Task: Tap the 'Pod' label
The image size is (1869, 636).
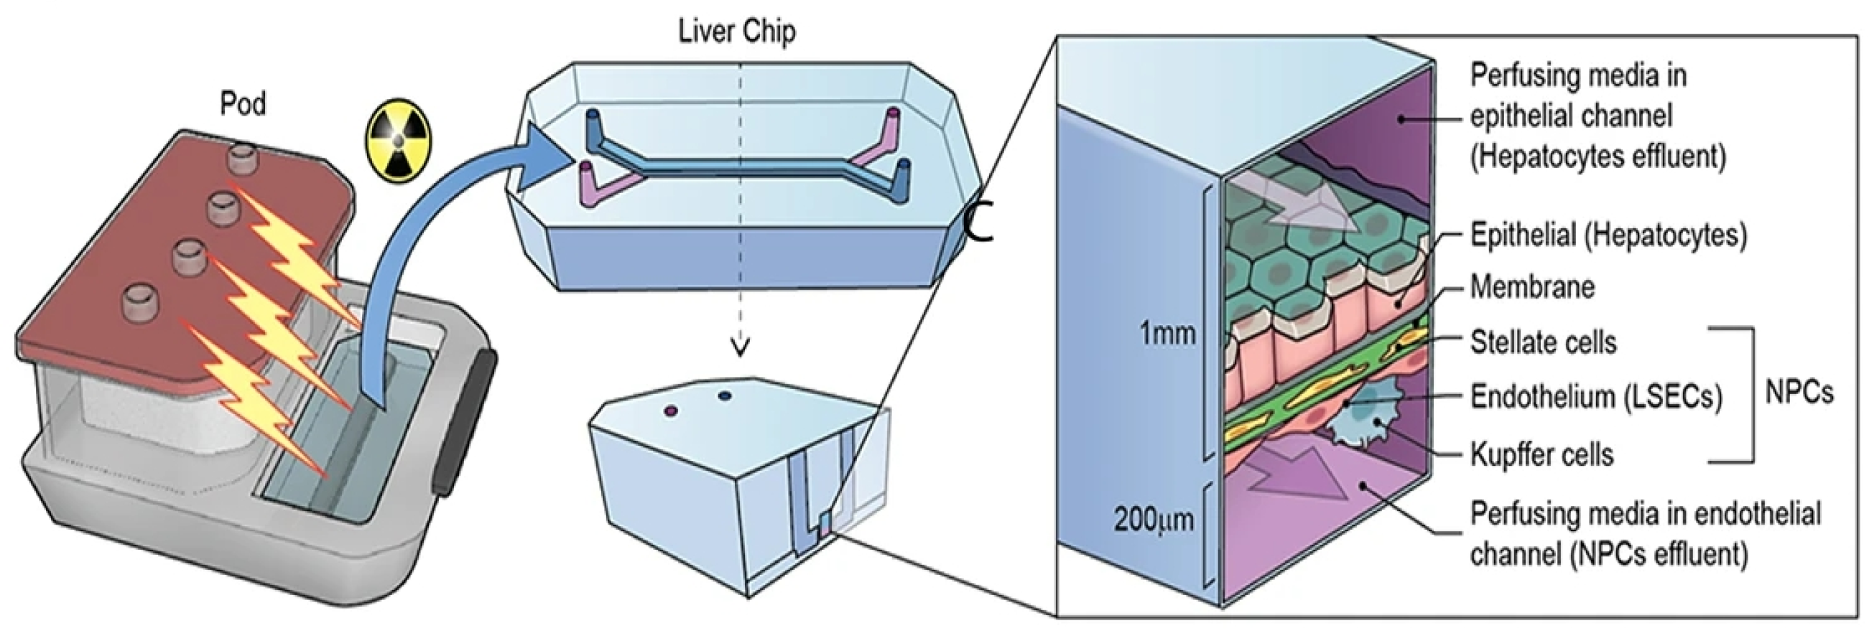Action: coord(243,104)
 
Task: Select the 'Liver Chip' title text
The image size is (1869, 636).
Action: coord(736,32)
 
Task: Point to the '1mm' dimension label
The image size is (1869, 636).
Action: coord(1167,334)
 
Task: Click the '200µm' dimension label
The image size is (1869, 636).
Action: coord(1154,520)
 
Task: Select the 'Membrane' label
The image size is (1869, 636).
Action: coord(1532,287)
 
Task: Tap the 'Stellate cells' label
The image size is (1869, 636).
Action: coord(1543,342)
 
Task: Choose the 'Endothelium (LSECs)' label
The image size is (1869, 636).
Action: coord(1595,397)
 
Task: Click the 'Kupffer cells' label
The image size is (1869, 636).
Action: coord(1541,454)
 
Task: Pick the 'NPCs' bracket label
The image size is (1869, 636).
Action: coord(1799,393)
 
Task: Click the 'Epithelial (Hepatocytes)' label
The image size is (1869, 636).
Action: coord(1608,235)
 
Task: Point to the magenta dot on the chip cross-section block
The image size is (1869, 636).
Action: coord(671,411)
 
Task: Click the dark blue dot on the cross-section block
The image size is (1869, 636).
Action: coord(723,396)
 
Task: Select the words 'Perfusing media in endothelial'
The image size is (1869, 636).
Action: coord(1646,513)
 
